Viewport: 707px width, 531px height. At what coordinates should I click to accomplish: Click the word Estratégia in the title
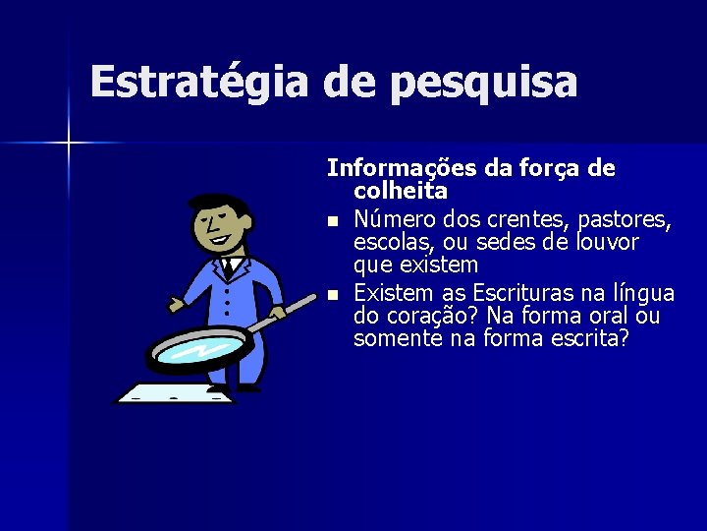point(199,83)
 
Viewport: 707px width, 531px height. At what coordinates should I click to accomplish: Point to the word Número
point(394,216)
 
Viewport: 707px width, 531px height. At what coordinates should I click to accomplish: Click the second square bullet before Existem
point(334,294)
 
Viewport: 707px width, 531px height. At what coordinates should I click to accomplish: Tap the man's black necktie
point(229,265)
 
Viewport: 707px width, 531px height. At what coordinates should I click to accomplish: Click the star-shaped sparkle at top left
point(69,144)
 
